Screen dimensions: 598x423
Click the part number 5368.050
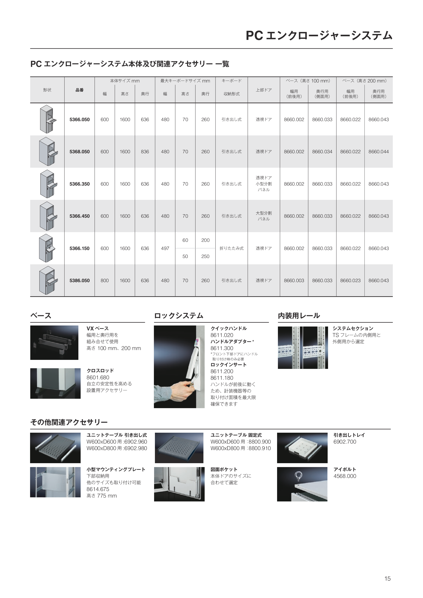79,152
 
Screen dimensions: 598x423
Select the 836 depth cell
145,152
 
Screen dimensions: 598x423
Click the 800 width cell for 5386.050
104,280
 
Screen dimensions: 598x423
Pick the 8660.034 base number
322,152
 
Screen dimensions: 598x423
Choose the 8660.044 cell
378,152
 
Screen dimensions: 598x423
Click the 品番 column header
79,90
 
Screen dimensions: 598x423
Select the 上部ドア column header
264,90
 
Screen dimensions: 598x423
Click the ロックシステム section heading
179,316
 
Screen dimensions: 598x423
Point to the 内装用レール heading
299,316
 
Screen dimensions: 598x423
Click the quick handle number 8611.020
222,335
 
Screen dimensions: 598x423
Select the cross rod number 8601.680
98,377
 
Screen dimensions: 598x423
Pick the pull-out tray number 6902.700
345,442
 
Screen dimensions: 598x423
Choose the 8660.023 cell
350,280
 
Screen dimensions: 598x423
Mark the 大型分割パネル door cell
264,216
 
